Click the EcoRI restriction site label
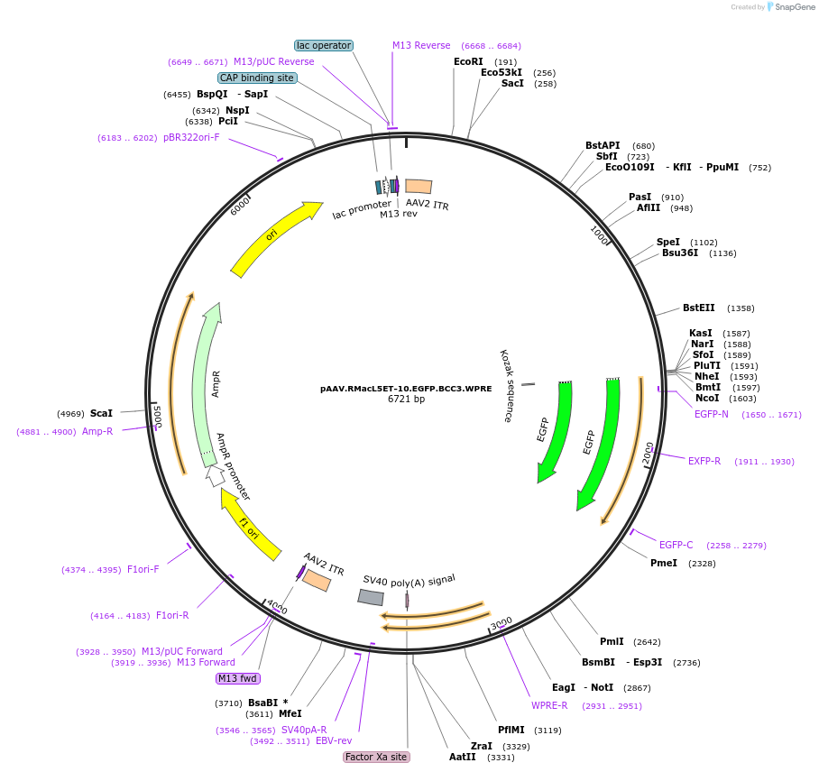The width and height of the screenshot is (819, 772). tap(468, 62)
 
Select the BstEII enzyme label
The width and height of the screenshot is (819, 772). tap(698, 308)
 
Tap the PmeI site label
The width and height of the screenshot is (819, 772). tap(663, 563)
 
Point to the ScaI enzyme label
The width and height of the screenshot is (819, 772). tap(101, 413)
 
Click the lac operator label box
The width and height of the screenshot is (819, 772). tap(324, 45)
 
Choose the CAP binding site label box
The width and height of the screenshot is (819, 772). tap(257, 78)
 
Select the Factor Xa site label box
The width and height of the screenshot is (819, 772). tap(376, 757)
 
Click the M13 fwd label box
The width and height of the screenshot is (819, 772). tap(238, 678)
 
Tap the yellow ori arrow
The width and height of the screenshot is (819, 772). tap(274, 237)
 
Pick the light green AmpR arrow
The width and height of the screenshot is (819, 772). tap(207, 383)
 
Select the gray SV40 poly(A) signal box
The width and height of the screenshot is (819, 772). tap(371, 597)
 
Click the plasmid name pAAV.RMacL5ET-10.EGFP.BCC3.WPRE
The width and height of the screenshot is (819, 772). tap(406, 389)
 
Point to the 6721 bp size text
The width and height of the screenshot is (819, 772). tap(406, 399)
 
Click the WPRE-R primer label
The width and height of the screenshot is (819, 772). tap(549, 705)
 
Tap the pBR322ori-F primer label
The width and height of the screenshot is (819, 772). tap(191, 137)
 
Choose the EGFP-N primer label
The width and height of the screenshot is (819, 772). tap(712, 414)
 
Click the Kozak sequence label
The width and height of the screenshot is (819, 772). tap(506, 386)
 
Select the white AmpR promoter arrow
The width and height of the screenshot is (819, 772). tap(215, 475)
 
